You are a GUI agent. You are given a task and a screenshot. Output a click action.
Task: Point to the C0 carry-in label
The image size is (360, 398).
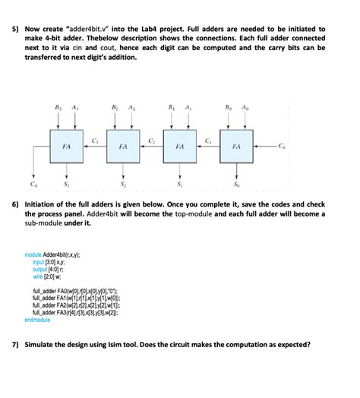[283, 146]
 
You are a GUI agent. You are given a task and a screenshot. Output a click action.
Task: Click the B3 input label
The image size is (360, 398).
[58, 108]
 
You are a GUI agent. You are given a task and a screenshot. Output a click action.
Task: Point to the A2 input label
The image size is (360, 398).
[132, 108]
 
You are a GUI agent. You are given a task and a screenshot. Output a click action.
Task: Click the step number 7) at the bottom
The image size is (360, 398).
[15, 344]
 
